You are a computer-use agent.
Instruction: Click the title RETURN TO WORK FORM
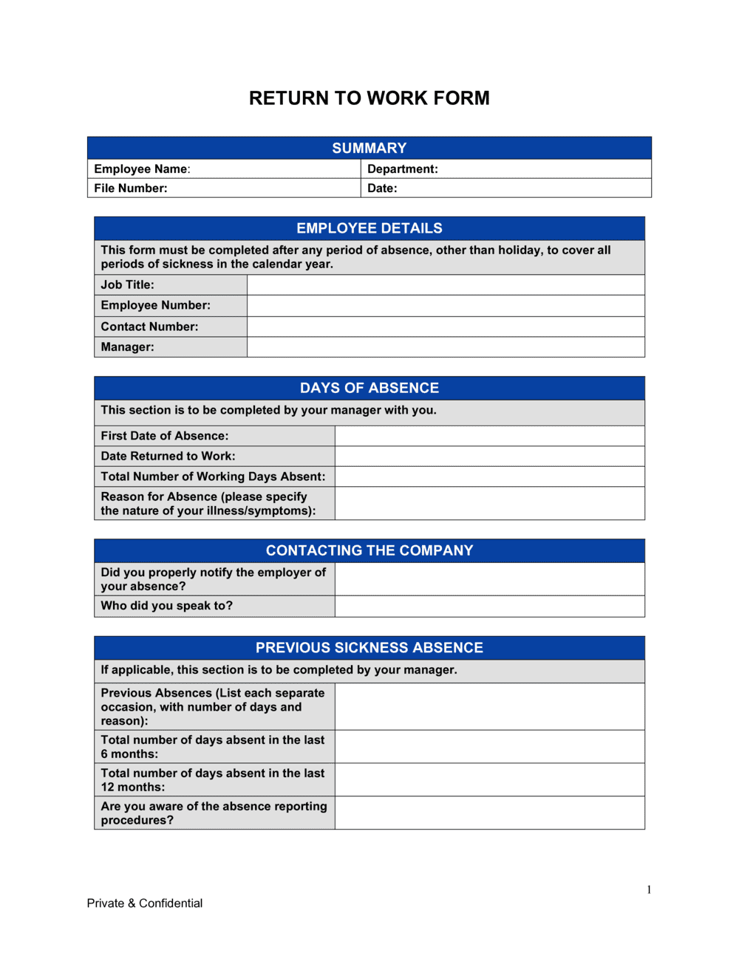(369, 98)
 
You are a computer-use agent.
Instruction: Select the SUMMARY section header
(369, 148)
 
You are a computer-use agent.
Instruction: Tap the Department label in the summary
(402, 169)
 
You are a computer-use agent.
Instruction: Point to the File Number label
(131, 188)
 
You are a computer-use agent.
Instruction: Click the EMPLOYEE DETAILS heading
(369, 228)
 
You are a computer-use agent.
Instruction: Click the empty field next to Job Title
(446, 285)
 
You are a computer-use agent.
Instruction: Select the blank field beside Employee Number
(446, 306)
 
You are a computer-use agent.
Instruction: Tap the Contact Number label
(149, 327)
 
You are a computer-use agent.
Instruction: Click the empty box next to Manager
(446, 347)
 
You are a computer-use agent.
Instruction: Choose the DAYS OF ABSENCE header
(369, 388)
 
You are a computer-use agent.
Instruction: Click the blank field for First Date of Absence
(489, 436)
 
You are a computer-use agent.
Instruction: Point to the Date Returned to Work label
(168, 457)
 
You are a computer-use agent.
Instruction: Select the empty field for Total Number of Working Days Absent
(489, 476)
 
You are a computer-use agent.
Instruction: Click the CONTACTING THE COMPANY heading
(369, 550)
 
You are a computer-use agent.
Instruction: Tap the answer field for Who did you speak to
(489, 607)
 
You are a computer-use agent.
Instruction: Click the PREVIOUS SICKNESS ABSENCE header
(369, 648)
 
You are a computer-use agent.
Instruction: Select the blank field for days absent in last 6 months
(489, 747)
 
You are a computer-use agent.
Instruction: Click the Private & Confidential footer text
(145, 904)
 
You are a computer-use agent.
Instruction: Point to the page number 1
(649, 890)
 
